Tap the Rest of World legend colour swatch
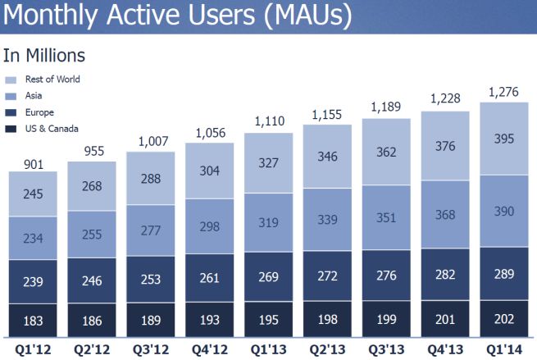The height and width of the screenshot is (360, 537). click(11, 80)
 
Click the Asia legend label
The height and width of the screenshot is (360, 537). click(35, 95)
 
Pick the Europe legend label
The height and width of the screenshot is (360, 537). click(40, 111)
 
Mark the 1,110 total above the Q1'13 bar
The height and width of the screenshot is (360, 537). click(269, 122)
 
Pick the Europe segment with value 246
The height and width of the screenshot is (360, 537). click(91, 280)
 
